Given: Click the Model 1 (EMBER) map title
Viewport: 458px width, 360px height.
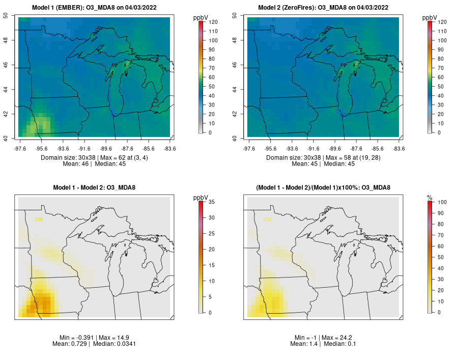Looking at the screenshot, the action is coord(94,8).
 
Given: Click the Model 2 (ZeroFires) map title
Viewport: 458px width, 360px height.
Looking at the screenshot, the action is coord(323,8).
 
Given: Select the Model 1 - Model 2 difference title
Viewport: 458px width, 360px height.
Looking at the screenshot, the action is coord(94,187).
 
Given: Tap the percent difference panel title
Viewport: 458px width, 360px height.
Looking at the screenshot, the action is coord(323,187).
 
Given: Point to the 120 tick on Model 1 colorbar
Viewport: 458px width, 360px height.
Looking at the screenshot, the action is coord(213,22).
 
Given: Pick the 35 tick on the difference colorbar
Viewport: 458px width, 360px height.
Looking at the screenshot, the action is coord(212,202).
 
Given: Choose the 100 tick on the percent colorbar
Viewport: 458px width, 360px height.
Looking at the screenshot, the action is coord(442,202).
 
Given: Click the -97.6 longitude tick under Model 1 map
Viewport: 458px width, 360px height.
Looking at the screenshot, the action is coord(20,149).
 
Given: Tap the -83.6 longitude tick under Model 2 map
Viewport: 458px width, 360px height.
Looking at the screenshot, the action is coord(399,149).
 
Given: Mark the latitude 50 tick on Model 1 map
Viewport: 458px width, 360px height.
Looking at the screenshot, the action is coord(6,15).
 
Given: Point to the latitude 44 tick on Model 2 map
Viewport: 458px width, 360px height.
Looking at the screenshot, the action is coord(235,89).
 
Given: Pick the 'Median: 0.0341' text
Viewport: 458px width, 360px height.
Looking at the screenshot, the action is coord(114,344).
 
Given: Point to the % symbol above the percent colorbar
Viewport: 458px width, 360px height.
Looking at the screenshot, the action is coord(430,198).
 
